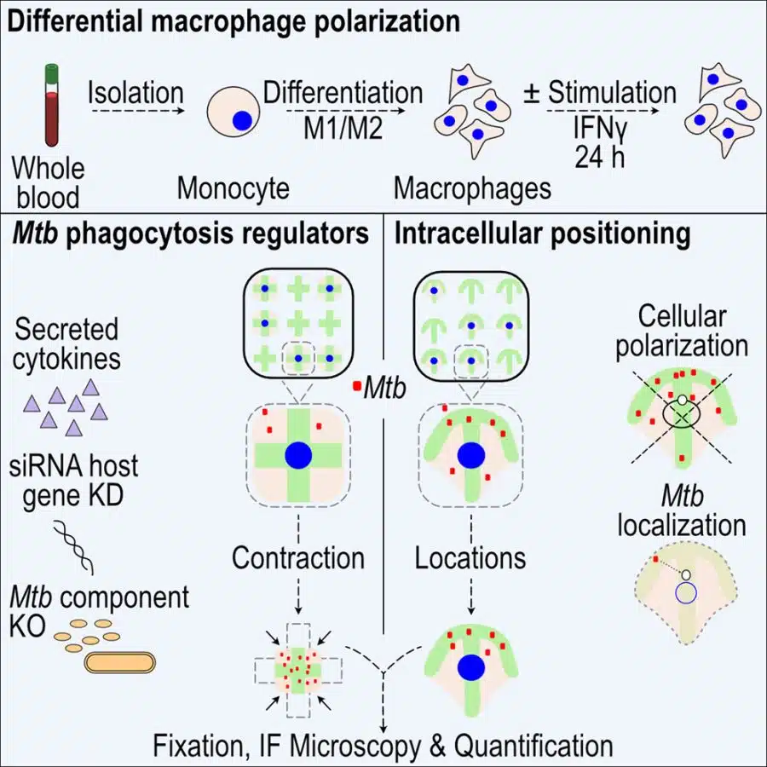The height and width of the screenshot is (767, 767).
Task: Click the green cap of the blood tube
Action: [x=51, y=73]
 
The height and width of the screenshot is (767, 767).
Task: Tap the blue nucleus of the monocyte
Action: [x=242, y=120]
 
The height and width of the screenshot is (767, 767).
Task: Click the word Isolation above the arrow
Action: [x=136, y=93]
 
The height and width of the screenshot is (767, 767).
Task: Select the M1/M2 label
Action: [x=343, y=130]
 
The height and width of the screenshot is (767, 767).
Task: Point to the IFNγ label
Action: [x=600, y=130]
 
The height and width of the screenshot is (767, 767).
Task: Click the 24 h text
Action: [x=600, y=158]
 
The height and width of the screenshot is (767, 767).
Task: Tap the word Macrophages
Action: [x=472, y=189]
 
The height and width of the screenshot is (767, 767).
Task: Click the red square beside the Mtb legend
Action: [x=357, y=386]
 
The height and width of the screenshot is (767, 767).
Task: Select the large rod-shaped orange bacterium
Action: [x=120, y=663]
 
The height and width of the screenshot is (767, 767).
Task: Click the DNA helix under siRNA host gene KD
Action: [x=73, y=547]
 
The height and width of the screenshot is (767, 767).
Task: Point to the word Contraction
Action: [x=298, y=557]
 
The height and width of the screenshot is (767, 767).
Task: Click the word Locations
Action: [x=470, y=557]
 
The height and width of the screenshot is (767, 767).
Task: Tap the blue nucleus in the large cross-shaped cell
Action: [x=298, y=455]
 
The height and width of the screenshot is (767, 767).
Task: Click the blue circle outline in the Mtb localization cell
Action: [x=686, y=593]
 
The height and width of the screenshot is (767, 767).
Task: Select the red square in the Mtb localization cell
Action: [x=655, y=558]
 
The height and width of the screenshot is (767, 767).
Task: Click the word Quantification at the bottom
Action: [x=533, y=746]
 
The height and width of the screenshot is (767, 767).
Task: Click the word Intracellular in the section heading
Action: [x=469, y=234]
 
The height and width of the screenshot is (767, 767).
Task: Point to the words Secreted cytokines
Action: [x=67, y=344]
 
